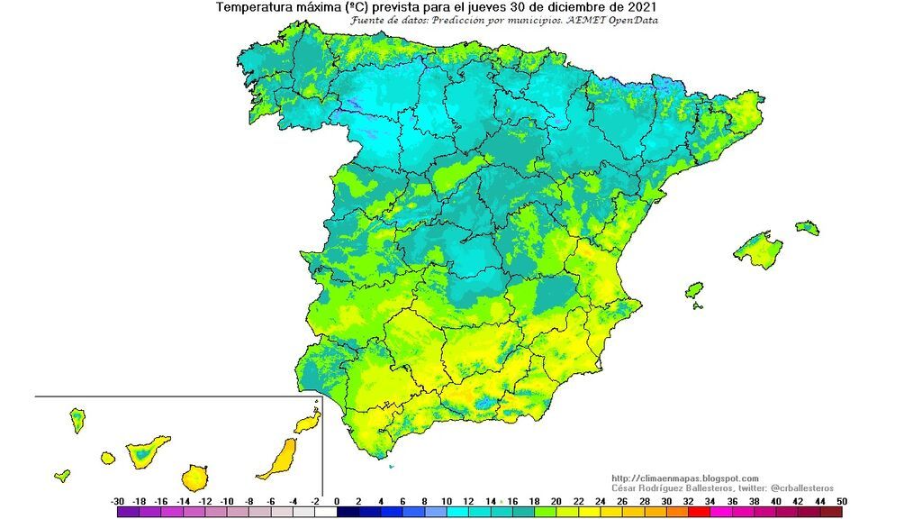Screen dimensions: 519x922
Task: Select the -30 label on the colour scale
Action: click(117, 501)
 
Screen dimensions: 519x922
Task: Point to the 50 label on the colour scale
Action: click(841, 501)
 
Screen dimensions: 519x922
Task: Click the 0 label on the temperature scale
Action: click(337, 501)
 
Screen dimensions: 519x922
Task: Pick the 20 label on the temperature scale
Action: click(556, 501)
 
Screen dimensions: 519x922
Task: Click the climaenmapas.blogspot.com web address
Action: click(684, 478)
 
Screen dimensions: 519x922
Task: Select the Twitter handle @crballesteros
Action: click(802, 487)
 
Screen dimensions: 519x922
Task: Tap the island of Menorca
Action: click(808, 227)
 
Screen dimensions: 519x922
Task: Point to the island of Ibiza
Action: click(693, 290)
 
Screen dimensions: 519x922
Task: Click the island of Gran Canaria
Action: click(194, 477)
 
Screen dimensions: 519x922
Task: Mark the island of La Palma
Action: click(77, 419)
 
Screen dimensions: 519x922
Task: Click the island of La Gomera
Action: click(108, 458)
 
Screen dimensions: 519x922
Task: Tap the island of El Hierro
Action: click(62, 475)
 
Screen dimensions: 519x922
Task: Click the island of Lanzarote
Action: click(308, 422)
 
